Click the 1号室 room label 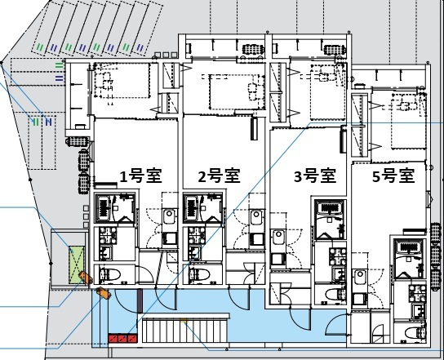[138, 175]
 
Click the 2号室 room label [218, 175]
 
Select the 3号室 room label [315, 175]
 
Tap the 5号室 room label [393, 175]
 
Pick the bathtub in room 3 [330, 213]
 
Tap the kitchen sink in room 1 [169, 218]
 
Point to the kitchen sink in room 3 [278, 240]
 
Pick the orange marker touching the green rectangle [81, 277]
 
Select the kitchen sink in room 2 [256, 218]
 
